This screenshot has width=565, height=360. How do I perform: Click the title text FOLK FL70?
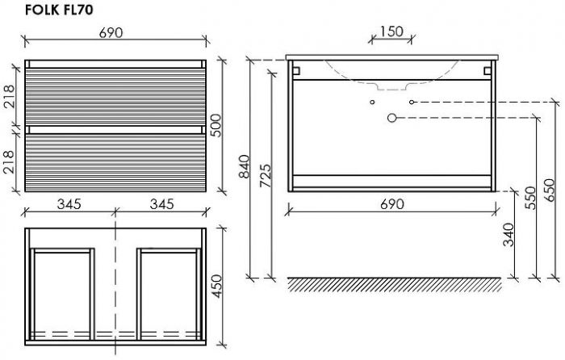pos(59,10)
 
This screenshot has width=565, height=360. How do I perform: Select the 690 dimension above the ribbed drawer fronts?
pos(111,33)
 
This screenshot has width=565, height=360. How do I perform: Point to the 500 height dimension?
pos(216,125)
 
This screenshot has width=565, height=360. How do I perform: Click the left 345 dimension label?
pos(69,204)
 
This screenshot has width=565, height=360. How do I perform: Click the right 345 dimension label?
pos(161,204)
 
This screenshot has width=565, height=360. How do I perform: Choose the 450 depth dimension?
pos(216,286)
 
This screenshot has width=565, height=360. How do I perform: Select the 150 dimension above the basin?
pos(391,31)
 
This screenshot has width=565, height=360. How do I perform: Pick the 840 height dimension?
pos(245,166)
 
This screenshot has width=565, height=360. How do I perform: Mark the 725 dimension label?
pos(266,175)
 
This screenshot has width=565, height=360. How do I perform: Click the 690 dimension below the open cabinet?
pos(392,204)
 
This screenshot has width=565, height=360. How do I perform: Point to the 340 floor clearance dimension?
pos(508,235)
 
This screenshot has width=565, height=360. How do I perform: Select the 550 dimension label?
pos(530,198)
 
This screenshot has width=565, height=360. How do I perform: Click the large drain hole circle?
pos(391,118)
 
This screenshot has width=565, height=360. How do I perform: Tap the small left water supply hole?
pos(372,102)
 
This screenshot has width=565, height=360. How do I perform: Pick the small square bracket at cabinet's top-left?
pos(296,71)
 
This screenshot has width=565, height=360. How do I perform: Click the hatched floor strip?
pos(395,284)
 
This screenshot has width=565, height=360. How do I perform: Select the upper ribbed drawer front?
pos(115,97)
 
